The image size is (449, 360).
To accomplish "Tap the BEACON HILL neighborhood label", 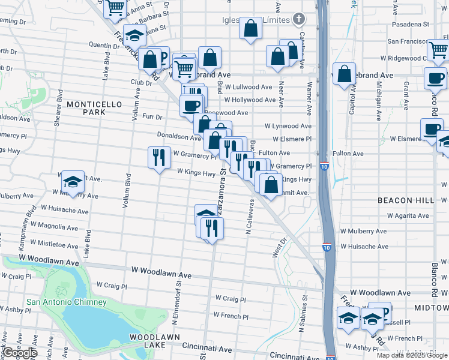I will (x=403, y=200).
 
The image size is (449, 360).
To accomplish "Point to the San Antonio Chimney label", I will (x=66, y=302).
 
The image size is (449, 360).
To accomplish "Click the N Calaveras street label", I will (x=247, y=216).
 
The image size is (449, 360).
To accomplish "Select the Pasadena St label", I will (x=411, y=25).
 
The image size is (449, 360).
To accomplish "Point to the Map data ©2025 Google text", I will (x=412, y=355).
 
